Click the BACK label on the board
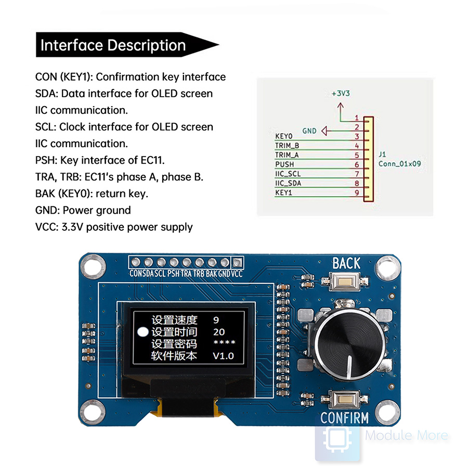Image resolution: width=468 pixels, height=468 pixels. pyautogui.click(x=346, y=264)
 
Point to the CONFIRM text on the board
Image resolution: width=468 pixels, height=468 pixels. pyautogui.click(x=344, y=418)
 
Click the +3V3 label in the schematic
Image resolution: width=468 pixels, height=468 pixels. pyautogui.click(x=341, y=94)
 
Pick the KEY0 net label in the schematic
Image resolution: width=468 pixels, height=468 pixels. pyautogui.click(x=283, y=136)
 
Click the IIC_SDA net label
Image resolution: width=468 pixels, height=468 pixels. pyautogui.click(x=288, y=183)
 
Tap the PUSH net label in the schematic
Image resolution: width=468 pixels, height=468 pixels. pyautogui.click(x=284, y=164)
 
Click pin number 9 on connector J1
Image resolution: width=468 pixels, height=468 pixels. pyautogui.click(x=357, y=193)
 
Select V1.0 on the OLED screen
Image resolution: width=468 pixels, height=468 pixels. pyautogui.click(x=224, y=356)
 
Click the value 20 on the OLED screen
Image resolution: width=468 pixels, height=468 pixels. pyautogui.click(x=219, y=332)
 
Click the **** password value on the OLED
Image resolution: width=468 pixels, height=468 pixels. pyautogui.click(x=224, y=344)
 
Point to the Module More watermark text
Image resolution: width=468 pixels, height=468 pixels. pyautogui.click(x=406, y=435)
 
